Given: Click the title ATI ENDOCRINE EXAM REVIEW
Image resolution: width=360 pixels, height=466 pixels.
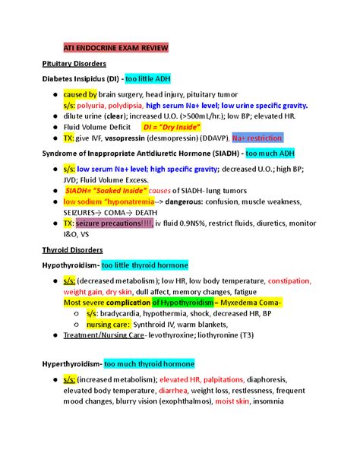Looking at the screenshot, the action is click(x=116, y=48).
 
